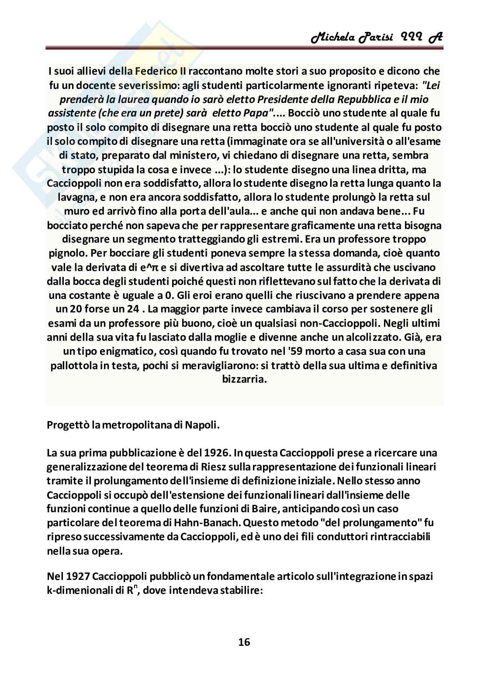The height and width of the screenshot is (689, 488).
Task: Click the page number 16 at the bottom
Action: click(x=244, y=641)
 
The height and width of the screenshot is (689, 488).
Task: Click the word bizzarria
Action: click(x=244, y=379)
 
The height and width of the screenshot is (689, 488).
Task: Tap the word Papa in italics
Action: click(x=256, y=113)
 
